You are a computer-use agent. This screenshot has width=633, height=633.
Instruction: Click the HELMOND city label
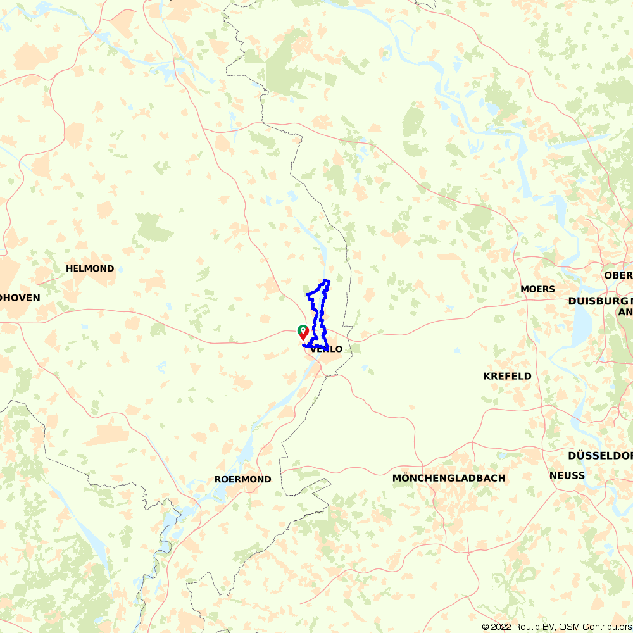[x=90, y=268]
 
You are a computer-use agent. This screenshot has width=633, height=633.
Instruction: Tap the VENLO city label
[x=327, y=349]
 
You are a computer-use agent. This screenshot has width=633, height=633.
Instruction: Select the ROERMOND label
[x=242, y=479]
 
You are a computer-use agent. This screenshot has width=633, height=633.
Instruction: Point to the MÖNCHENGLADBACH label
[x=449, y=478]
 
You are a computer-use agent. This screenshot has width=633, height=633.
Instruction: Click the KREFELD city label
[x=507, y=376]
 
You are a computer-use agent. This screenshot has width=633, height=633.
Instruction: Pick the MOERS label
[x=537, y=289]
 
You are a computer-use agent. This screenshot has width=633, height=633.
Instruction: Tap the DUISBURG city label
[x=594, y=301]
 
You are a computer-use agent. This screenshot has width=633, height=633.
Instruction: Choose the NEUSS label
[x=567, y=475]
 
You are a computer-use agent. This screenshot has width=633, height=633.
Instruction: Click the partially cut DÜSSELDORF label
[x=600, y=456]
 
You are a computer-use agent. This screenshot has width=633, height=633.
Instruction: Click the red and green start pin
[x=303, y=332]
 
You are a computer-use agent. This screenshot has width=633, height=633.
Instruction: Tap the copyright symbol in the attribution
[x=486, y=627]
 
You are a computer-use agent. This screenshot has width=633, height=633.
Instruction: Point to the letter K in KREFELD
[x=487, y=376]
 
